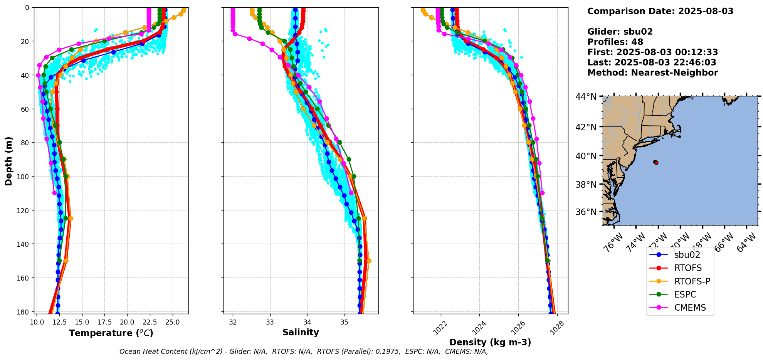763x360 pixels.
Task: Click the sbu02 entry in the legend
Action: click(687, 255)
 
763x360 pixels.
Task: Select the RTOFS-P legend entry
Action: click(692, 281)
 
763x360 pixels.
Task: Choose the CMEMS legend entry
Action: click(690, 308)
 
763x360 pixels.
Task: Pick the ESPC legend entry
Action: click(685, 294)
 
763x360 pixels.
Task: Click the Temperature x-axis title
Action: click(111, 333)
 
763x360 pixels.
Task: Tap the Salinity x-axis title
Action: click(301, 332)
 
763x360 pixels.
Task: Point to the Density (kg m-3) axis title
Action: click(490, 342)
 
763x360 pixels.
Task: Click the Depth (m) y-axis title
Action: click(8, 161)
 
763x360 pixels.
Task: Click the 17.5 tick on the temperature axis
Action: click(104, 322)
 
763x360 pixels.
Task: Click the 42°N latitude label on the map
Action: click(586, 127)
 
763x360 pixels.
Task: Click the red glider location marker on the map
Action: click(656, 163)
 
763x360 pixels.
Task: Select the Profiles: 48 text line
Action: click(615, 42)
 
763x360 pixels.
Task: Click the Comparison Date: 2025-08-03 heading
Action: click(660, 11)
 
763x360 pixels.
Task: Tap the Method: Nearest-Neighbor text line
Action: click(652, 73)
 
